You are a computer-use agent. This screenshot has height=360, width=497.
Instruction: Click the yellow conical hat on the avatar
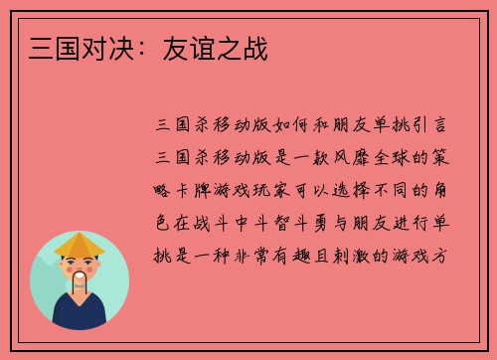click(x=80, y=245)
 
